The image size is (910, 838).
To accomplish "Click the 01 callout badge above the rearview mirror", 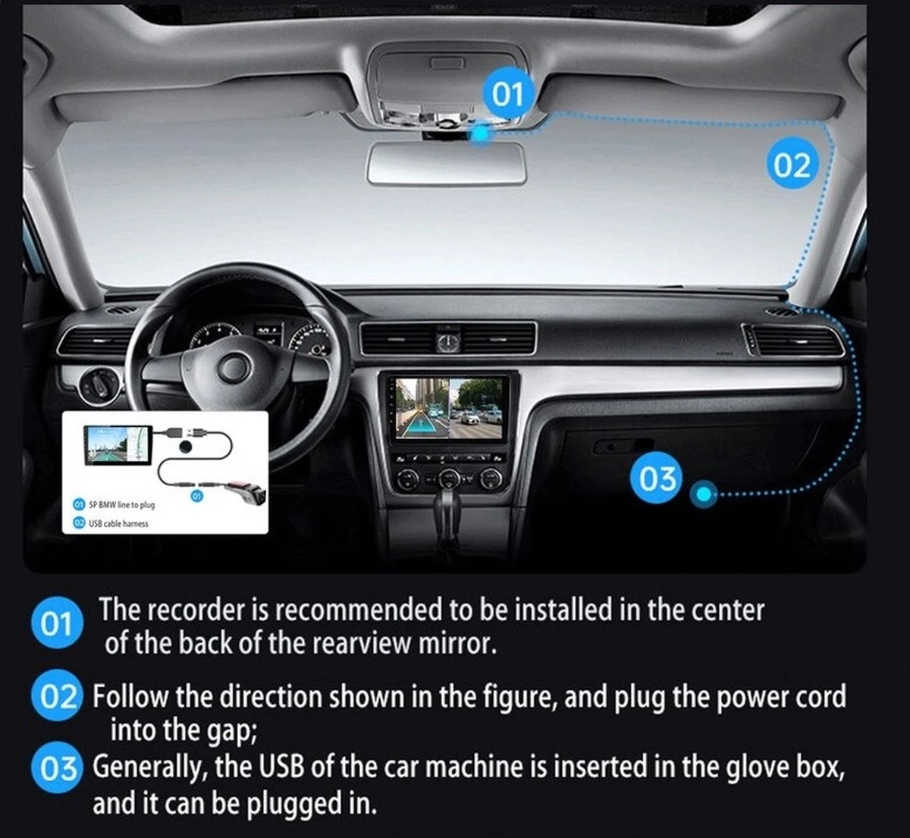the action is (x=508, y=94).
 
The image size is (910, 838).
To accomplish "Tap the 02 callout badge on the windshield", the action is (x=791, y=165).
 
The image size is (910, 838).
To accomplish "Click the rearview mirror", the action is (x=447, y=162).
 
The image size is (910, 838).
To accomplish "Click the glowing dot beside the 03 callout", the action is (x=704, y=494).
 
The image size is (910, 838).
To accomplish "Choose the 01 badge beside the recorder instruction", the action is (x=57, y=624).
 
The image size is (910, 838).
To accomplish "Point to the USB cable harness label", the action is (x=118, y=523).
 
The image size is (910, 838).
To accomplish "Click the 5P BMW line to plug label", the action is (x=121, y=504).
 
